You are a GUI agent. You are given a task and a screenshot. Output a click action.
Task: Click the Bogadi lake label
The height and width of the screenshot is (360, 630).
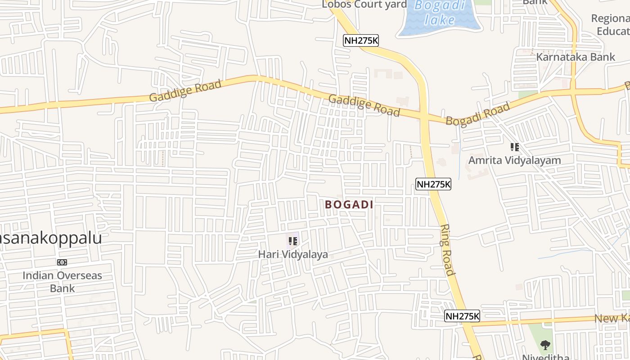coord(439,13)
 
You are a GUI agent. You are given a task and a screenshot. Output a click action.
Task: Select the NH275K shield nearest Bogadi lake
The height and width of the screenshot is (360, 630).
coord(361,40)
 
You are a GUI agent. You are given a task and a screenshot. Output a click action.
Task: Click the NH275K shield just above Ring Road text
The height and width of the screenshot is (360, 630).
coord(433,184)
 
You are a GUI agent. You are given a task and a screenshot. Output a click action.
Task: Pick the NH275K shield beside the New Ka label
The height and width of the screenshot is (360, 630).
coord(462,316)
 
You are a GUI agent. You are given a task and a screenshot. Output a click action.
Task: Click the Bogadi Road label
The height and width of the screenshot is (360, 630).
coord(477,114)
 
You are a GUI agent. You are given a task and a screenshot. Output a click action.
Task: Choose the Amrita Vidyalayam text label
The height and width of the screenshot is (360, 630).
coord(514,160)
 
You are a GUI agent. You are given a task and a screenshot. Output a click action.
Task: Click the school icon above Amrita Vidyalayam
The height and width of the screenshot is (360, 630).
coord(514,147)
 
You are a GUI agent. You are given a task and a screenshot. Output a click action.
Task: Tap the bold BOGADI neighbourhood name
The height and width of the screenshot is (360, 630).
coord(349,205)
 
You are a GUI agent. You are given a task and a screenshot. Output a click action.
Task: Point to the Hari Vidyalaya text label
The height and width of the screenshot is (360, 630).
coord(292,255)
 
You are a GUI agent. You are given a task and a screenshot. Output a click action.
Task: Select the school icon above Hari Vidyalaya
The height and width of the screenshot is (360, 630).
coord(293,241)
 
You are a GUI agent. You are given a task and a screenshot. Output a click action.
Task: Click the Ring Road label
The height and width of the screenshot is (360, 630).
coord(447,250)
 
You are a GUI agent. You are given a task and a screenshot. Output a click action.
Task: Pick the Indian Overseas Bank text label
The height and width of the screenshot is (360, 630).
coord(62,282)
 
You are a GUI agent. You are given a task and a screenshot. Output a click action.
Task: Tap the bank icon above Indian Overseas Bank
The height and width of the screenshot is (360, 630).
coord(62,262)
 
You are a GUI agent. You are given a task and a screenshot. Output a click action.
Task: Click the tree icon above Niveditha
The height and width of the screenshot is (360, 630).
coord(545,345)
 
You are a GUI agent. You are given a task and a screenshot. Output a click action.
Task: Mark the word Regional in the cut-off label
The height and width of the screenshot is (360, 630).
coord(610,19)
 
